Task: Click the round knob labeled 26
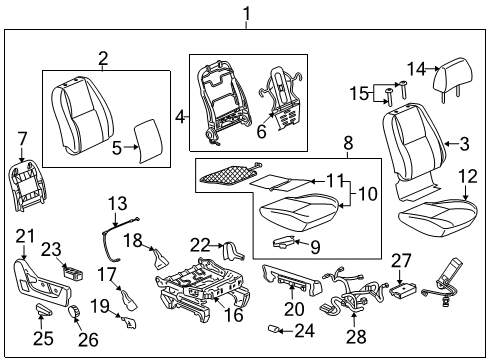coord(73,315)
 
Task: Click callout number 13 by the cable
coord(119,203)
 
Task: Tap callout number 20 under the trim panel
coord(292,309)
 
